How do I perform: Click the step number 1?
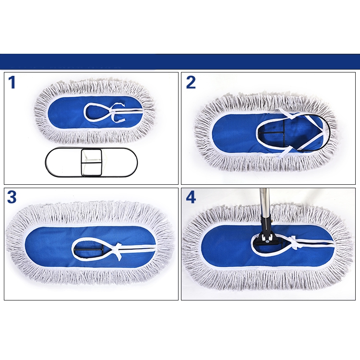tap(12, 83)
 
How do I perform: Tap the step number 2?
tap(191, 83)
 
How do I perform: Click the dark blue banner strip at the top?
tap(180, 61)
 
